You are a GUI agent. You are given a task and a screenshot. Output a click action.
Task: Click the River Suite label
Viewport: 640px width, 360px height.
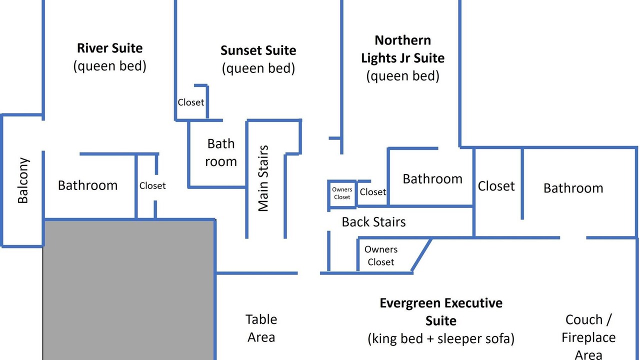coord(109,48)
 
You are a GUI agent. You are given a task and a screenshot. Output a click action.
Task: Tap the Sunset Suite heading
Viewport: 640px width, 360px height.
coord(258,50)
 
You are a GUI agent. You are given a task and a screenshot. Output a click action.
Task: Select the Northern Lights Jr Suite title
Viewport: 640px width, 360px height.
coord(403,49)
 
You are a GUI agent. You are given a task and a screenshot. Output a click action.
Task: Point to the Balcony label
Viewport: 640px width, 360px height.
coord(23,180)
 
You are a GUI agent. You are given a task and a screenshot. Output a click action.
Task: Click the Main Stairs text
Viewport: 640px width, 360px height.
coord(263,178)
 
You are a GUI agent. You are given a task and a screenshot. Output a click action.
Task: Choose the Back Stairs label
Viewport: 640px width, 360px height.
coord(373,222)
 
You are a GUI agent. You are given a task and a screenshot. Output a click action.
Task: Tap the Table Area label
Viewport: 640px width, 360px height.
coord(261,328)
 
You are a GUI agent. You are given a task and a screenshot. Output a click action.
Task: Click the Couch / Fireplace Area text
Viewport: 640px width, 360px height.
coord(588,337)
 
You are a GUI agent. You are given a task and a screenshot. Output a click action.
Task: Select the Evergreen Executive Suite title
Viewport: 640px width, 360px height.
coord(441,311)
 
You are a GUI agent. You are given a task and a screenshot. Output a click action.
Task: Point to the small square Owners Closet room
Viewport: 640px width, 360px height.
coord(342,193)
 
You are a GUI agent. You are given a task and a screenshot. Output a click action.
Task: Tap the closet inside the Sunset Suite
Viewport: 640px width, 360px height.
coord(191,102)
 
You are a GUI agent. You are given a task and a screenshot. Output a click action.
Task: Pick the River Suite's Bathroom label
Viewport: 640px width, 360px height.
coord(87,185)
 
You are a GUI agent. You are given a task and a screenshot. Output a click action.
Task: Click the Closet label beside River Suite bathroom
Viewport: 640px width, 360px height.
coord(152,185)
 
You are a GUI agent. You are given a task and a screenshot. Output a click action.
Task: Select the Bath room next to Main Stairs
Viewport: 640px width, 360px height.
coord(221,152)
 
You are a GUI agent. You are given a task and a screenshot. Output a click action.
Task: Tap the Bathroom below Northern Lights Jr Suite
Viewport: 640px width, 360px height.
coord(432,179)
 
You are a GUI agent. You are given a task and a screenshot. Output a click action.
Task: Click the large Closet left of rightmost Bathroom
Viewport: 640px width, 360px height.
coord(496,186)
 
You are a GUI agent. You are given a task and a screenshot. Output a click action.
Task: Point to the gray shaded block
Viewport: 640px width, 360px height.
coord(128,290)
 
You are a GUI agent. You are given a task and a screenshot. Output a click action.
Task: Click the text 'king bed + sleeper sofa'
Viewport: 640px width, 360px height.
coord(441,338)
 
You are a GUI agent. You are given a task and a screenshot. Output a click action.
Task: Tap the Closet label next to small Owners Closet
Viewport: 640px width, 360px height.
coord(373,192)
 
